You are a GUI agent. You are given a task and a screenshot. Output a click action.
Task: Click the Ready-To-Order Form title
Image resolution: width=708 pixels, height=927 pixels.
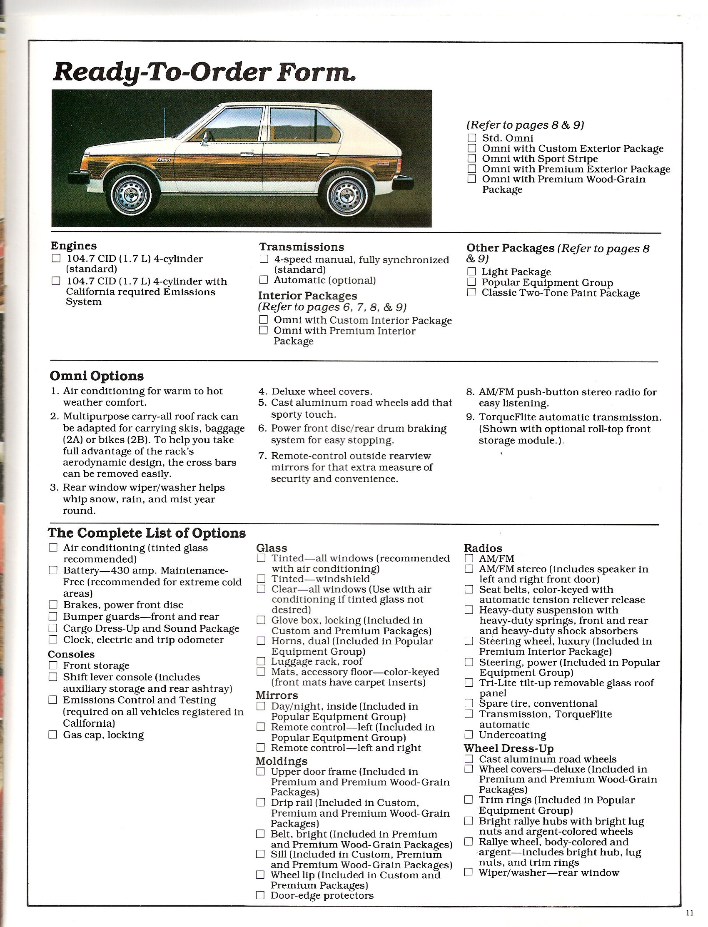204,72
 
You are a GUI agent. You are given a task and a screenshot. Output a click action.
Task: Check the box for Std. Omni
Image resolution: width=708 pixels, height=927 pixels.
472,138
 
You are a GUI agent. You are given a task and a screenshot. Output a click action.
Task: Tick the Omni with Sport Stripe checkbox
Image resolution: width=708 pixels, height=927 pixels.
472,158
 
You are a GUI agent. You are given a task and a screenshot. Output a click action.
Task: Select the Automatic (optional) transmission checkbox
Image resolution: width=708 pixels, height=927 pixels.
264,280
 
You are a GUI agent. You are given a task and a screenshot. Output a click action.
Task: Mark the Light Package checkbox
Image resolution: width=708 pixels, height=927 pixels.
471,272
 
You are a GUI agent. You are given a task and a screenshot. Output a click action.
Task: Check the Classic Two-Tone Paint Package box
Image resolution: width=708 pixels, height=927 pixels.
471,292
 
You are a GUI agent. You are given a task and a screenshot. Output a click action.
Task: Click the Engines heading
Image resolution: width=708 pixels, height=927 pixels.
74,246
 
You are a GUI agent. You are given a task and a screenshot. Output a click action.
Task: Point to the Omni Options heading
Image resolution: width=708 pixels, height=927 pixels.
97,376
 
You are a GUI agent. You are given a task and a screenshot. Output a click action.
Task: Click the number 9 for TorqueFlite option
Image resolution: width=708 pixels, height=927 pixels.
471,417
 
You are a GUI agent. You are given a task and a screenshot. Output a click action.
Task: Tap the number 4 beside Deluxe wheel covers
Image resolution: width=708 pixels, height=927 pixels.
262,391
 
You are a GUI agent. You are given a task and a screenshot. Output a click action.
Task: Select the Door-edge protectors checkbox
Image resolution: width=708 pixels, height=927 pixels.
261,895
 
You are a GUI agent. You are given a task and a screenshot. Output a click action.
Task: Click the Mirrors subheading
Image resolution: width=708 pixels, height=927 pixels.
277,695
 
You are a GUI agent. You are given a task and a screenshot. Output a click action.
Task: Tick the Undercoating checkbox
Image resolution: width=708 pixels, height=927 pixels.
469,735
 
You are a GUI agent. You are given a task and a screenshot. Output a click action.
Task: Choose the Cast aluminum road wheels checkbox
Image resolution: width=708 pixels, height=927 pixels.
469,759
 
